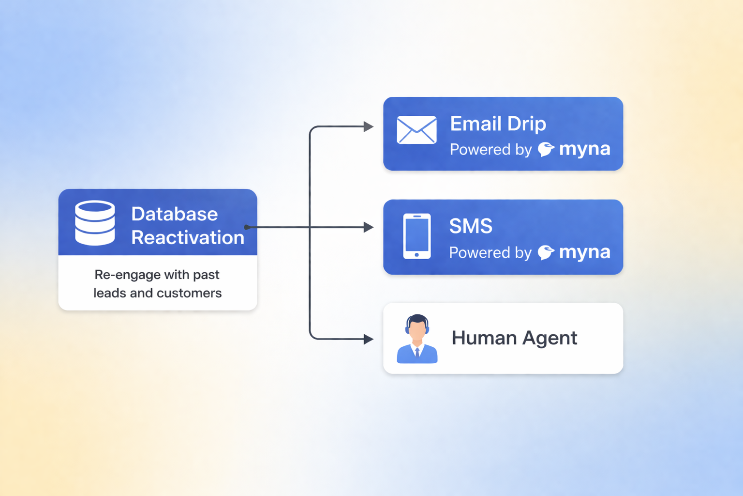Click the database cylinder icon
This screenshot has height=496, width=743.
95,223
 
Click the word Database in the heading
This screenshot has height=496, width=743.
174,214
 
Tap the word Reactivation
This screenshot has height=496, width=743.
188,238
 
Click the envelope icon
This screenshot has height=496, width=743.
416,130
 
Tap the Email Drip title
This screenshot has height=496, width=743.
498,124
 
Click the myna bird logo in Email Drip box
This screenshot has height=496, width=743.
546,149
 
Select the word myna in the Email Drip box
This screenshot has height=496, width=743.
584,149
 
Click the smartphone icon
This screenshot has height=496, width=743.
416,236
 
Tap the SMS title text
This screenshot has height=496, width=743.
471,226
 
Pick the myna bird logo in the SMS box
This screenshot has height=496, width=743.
546,252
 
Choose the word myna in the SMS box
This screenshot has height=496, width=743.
584,252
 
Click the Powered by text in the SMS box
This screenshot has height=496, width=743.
490,252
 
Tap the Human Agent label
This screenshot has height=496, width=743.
514,338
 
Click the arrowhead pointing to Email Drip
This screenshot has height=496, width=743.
369,127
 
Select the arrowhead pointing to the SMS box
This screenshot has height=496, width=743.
369,227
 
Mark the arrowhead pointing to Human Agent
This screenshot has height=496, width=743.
369,339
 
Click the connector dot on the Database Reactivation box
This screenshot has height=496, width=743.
247,227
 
